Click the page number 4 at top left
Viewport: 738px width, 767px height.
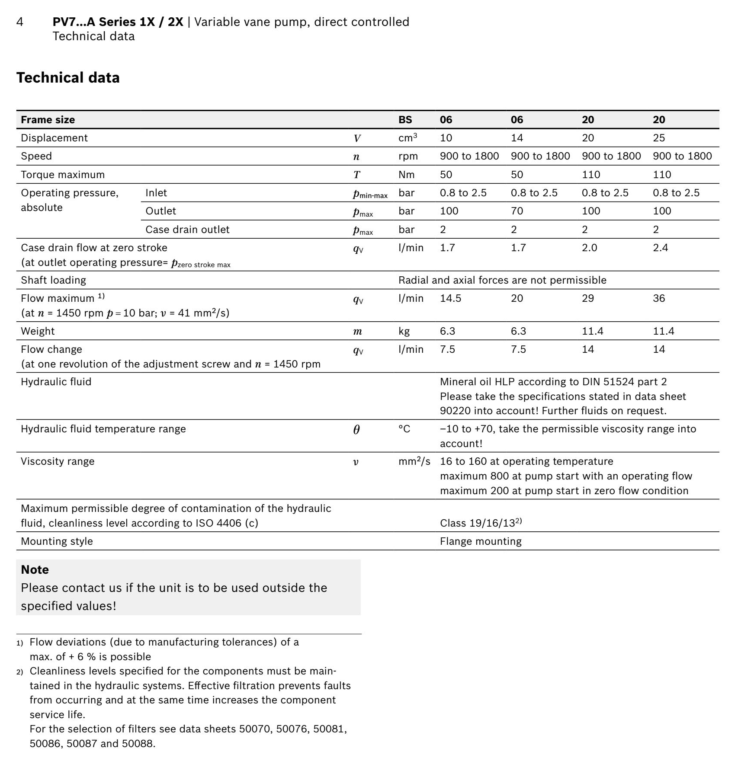coord(20,22)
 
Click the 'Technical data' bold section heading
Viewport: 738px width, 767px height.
coord(68,78)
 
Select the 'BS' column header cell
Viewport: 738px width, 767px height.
coord(405,120)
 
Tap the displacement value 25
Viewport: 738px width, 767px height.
coord(659,138)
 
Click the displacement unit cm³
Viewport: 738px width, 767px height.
coord(408,138)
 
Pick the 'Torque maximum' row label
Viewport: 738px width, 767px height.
coord(63,175)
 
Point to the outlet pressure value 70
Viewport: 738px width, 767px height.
coord(517,211)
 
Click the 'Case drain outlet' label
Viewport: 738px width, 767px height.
coord(187,230)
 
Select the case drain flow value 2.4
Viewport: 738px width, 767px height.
coord(661,248)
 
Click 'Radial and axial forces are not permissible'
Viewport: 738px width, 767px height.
coord(502,280)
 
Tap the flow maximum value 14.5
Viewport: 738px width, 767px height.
coord(450,298)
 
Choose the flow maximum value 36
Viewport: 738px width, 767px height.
coord(659,298)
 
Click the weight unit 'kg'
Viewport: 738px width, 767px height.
coord(404,331)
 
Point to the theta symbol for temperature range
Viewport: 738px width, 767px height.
coord(356,429)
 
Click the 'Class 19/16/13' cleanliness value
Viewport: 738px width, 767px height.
coord(481,523)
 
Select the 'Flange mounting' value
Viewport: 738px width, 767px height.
coord(481,541)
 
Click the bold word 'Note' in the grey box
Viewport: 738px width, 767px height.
coord(35,570)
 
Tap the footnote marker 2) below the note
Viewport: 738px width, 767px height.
coord(20,672)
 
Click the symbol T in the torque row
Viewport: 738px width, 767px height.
coord(357,175)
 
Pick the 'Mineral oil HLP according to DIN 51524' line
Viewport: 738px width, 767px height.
coord(553,382)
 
